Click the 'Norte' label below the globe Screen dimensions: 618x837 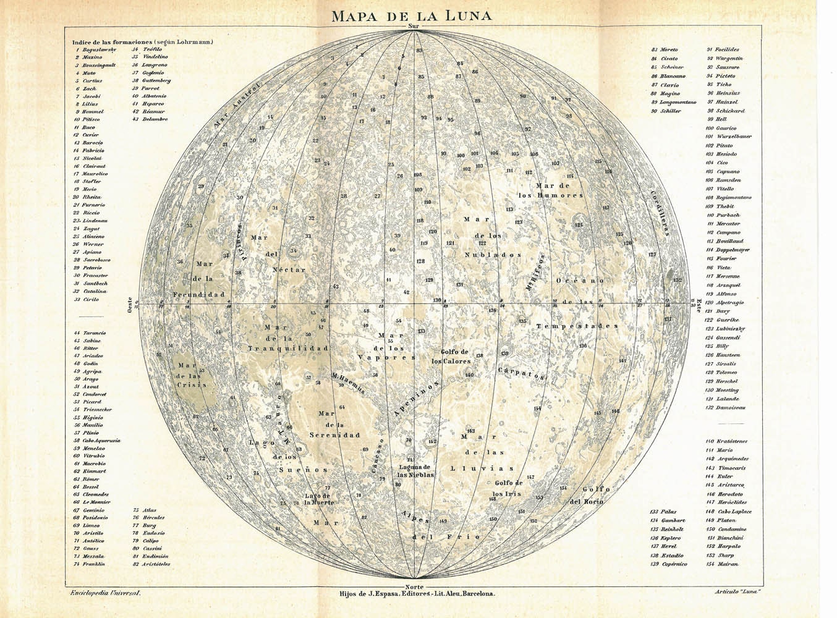[414, 586]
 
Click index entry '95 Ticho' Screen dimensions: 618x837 [721, 85]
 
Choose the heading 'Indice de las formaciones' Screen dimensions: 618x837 [143, 41]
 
